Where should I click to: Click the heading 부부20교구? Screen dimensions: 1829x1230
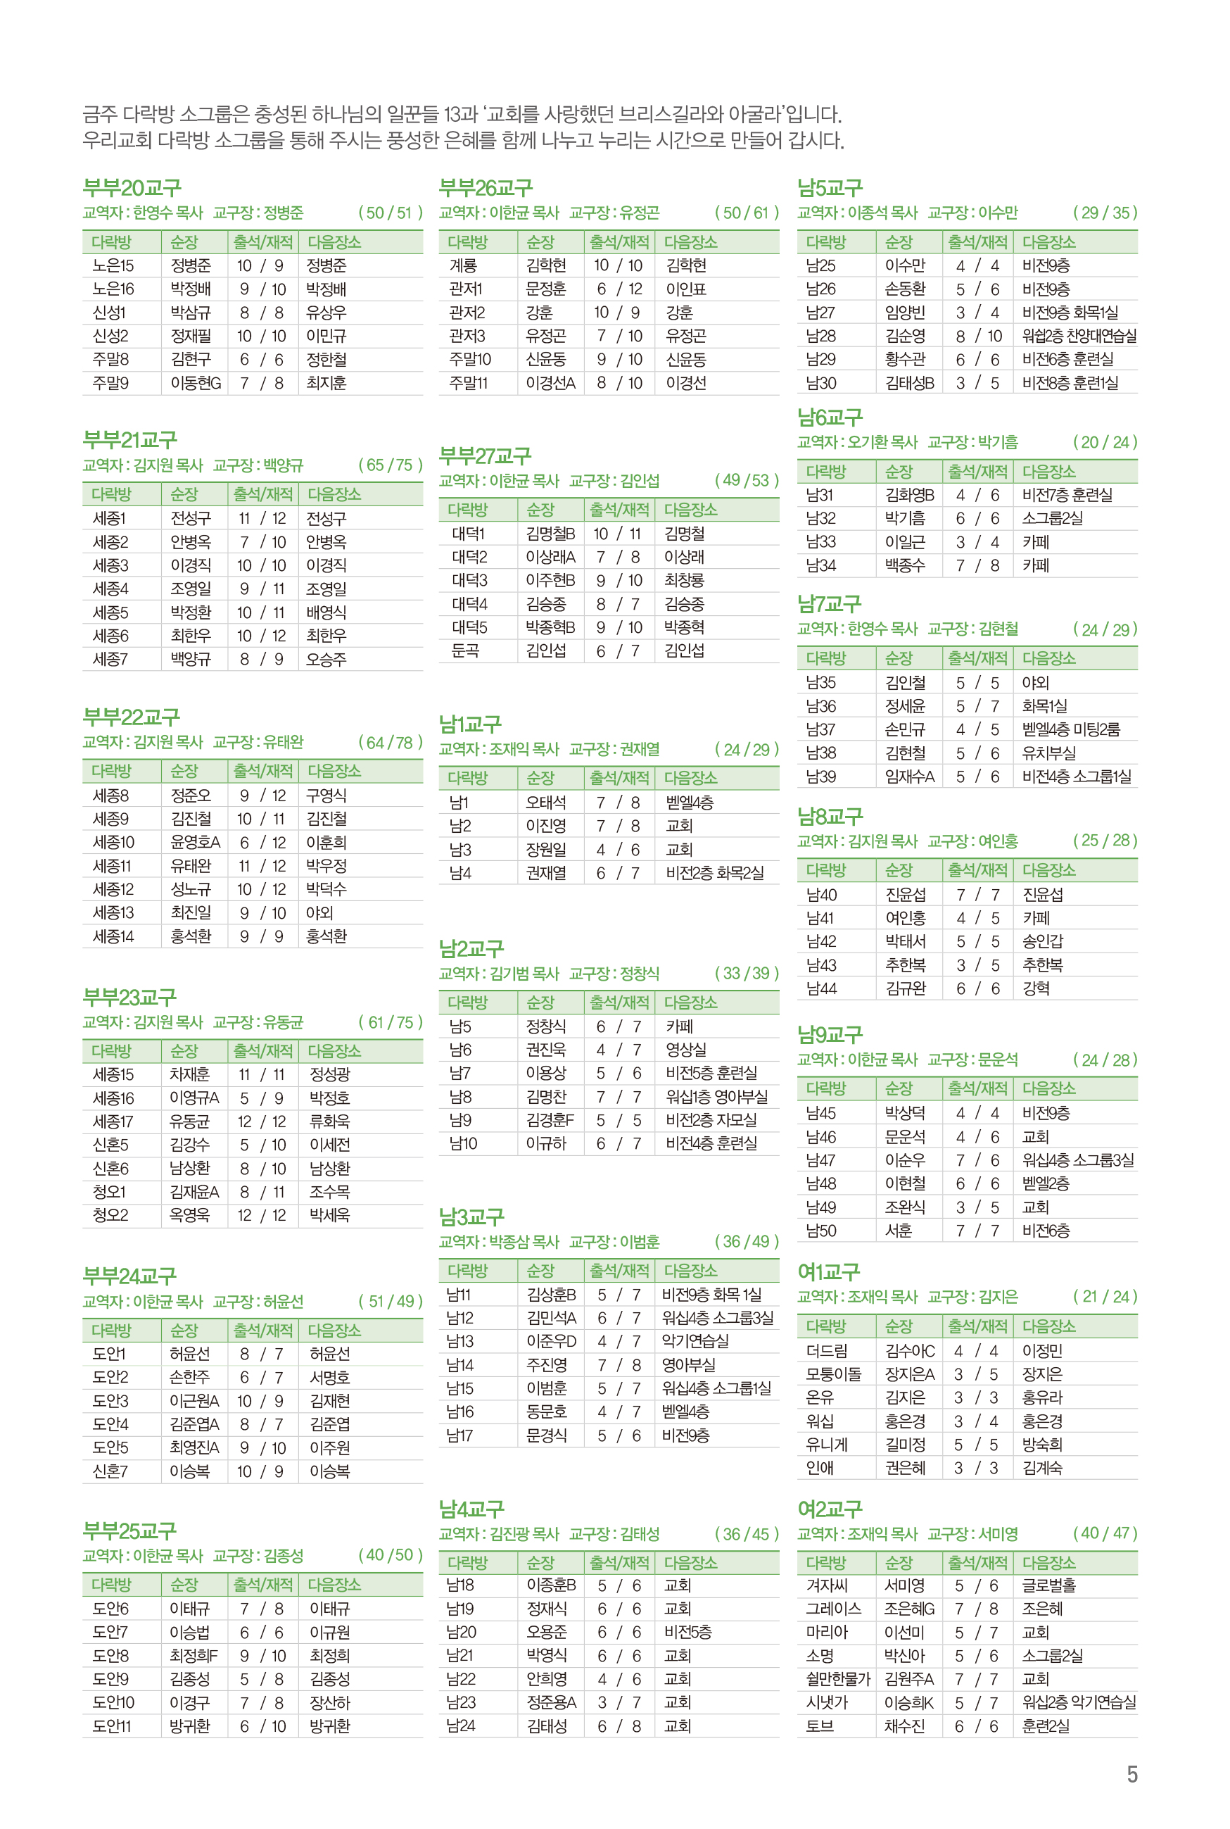132,188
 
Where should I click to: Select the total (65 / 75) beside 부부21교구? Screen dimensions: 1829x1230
390,465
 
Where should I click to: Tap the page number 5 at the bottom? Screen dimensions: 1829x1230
1132,1775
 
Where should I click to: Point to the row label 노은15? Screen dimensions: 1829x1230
113,266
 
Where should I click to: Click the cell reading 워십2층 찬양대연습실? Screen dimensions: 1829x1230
1079,336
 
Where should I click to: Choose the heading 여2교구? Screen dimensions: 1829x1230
829,1509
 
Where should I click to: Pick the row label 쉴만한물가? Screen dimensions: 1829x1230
838,1679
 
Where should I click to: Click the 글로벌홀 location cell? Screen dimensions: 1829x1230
1048,1585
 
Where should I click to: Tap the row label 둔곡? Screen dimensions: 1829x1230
465,650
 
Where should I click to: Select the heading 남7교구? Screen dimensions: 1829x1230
829,604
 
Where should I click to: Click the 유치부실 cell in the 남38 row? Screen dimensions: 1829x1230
1048,753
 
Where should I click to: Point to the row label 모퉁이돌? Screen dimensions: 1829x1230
833,1374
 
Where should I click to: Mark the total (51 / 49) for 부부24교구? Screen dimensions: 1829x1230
390,1301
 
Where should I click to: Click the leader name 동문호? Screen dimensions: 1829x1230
546,1412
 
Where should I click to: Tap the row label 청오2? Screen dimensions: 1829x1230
110,1215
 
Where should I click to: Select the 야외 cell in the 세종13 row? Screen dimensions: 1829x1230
319,912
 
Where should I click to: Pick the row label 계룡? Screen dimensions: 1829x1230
463,266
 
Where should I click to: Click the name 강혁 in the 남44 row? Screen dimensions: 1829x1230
1036,988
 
